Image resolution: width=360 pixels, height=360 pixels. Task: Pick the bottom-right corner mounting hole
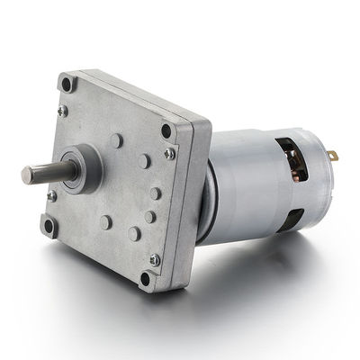(147, 277)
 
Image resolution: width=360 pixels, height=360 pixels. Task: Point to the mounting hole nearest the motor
(167, 130)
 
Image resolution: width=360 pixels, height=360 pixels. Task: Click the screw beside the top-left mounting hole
(62, 111)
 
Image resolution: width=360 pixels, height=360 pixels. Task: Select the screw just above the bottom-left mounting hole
(52, 195)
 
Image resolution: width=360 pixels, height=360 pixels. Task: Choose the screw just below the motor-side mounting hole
(169, 154)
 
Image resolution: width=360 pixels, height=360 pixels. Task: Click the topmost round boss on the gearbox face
(117, 140)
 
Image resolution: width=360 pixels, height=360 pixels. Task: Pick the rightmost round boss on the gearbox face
(156, 193)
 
